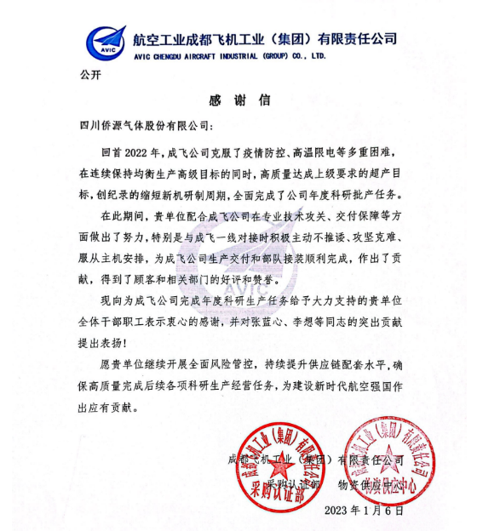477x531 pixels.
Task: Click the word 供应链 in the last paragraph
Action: pos(326,366)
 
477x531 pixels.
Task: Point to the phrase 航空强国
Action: pos(359,387)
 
